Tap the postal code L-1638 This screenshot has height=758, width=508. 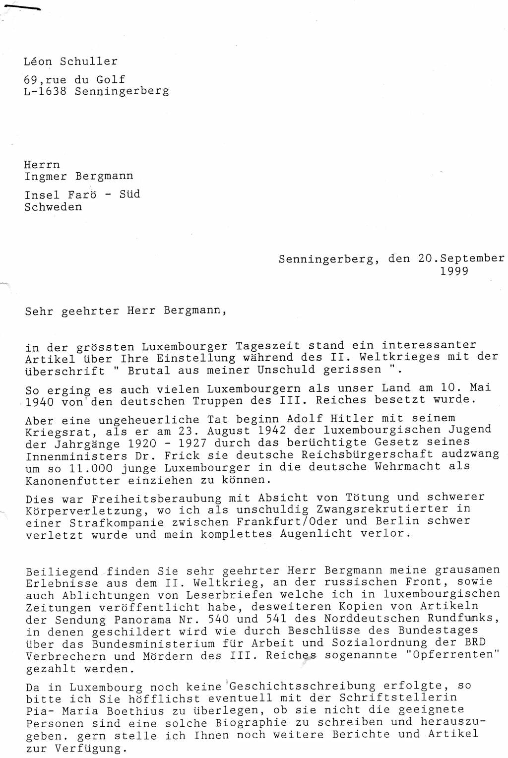pyautogui.click(x=45, y=91)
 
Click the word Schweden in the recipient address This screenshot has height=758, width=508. pyautogui.click(x=53, y=207)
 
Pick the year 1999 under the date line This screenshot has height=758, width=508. pyautogui.click(x=454, y=271)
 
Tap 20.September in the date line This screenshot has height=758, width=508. pyautogui.click(x=461, y=258)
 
